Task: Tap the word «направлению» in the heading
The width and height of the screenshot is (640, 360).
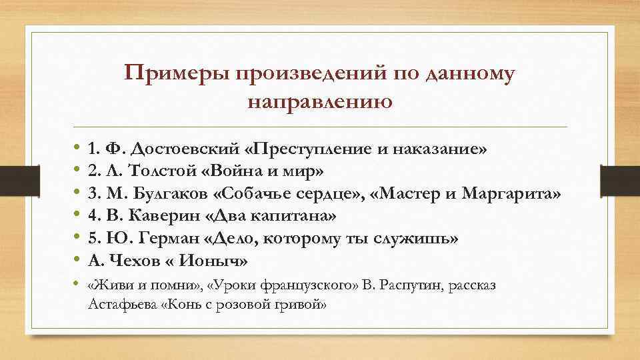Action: click(319, 102)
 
